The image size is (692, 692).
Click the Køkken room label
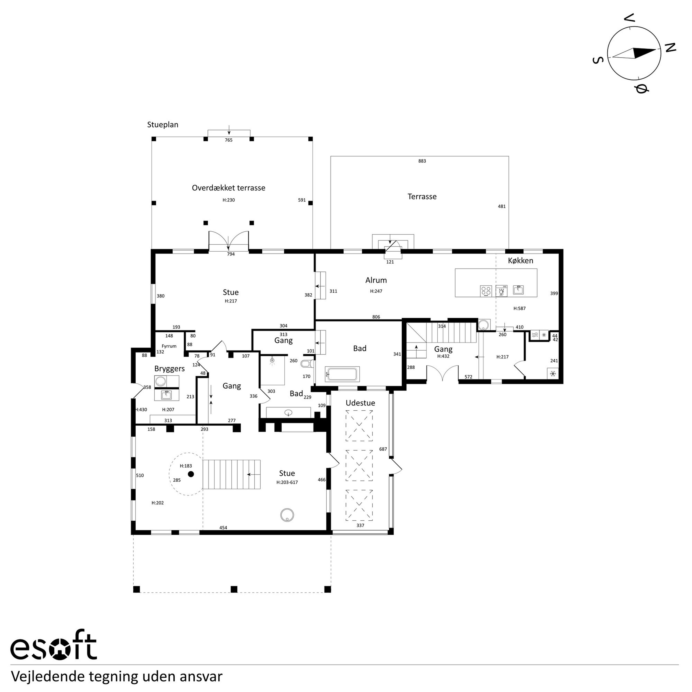coord(520,261)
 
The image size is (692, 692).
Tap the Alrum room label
coord(376,280)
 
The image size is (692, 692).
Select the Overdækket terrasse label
coord(229,188)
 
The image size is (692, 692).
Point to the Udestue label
coord(360,403)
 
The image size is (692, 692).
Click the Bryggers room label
coord(169,369)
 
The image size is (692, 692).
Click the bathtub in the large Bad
coord(342,374)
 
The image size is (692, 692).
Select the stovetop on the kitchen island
coord(486,290)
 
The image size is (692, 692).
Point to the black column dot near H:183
coord(191,474)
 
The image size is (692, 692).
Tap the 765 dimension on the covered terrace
coord(229,140)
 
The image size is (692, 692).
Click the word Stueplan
coord(163,125)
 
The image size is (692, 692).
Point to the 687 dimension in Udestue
coord(383,449)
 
